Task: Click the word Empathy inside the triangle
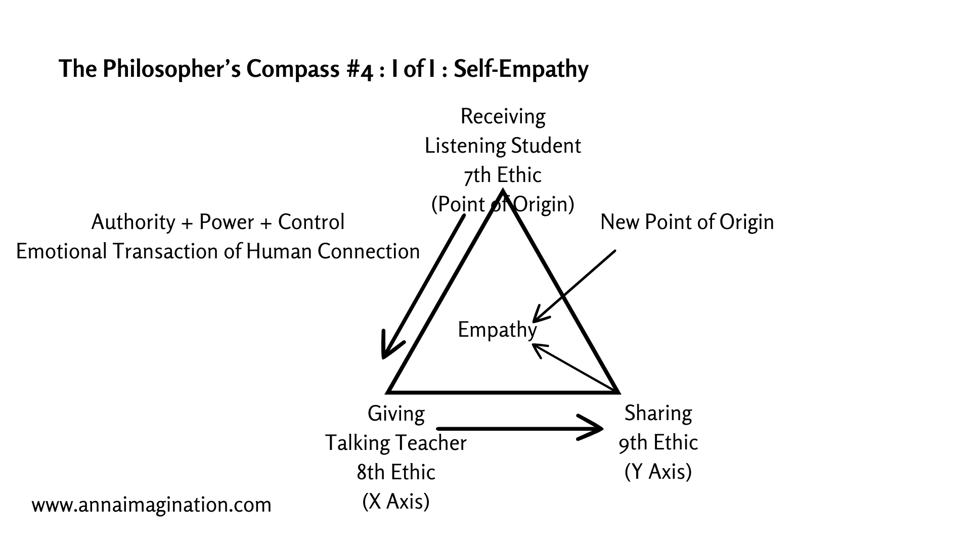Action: pos(497,330)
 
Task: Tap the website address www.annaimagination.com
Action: pos(151,505)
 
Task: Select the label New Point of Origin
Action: pos(687,222)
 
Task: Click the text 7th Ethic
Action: pos(502,175)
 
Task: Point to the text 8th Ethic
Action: pos(395,473)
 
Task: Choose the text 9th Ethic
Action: pos(658,443)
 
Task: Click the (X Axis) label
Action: pos(395,502)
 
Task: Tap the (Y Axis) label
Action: pos(658,472)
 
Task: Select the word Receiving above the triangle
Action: pos(503,117)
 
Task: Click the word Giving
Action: pos(396,414)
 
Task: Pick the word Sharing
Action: pos(658,414)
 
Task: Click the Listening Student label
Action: pos(503,146)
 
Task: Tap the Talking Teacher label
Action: pos(395,443)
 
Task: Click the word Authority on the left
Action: pos(133,222)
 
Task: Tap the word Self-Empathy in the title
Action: pos(521,69)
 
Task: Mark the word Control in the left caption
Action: pos(311,222)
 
